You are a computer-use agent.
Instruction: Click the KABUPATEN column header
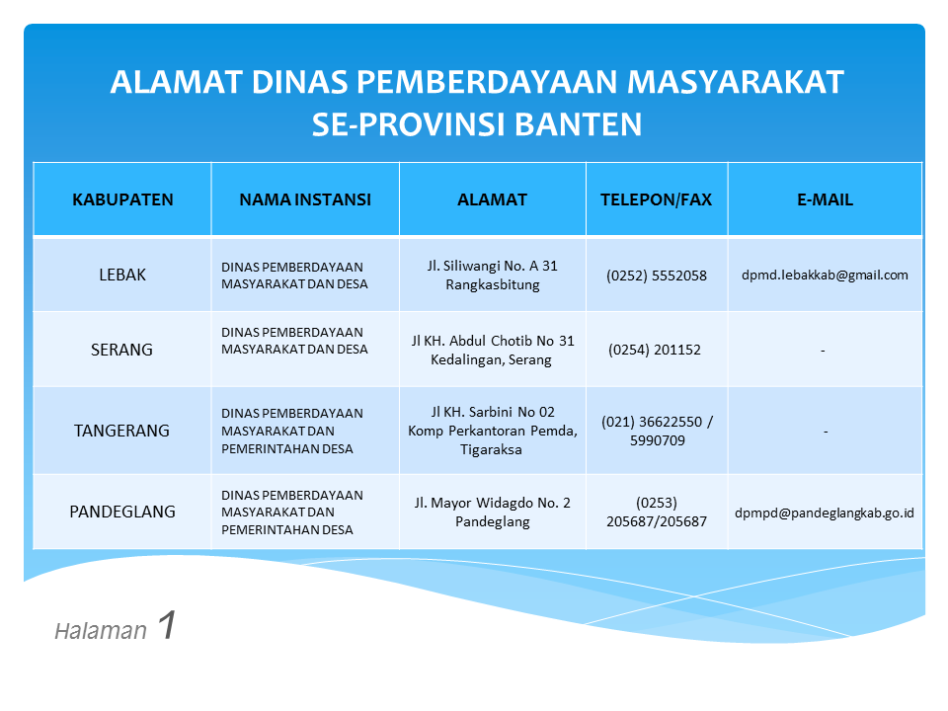click(122, 199)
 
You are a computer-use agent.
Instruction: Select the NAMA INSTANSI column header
click(305, 199)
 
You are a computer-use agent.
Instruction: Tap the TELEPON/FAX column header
click(656, 199)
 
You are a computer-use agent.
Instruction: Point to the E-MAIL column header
click(825, 199)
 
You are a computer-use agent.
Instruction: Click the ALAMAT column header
click(492, 199)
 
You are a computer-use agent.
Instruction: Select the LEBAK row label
click(122, 275)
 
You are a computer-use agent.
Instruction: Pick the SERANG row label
click(121, 350)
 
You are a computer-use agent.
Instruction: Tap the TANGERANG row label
click(121, 431)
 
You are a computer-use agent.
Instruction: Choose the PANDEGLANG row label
click(122, 512)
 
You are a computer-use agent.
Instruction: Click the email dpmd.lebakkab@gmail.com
click(825, 276)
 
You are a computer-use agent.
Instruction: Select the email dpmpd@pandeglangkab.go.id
click(824, 513)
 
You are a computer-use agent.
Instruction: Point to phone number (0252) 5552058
click(657, 276)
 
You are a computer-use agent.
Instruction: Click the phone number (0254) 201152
click(654, 350)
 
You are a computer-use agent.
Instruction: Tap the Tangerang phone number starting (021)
click(658, 431)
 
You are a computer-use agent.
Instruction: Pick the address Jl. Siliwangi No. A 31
click(492, 266)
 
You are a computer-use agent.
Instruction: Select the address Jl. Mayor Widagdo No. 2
click(492, 503)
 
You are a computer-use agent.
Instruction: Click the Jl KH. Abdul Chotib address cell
click(492, 350)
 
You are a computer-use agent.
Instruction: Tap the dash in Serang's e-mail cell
click(823, 351)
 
